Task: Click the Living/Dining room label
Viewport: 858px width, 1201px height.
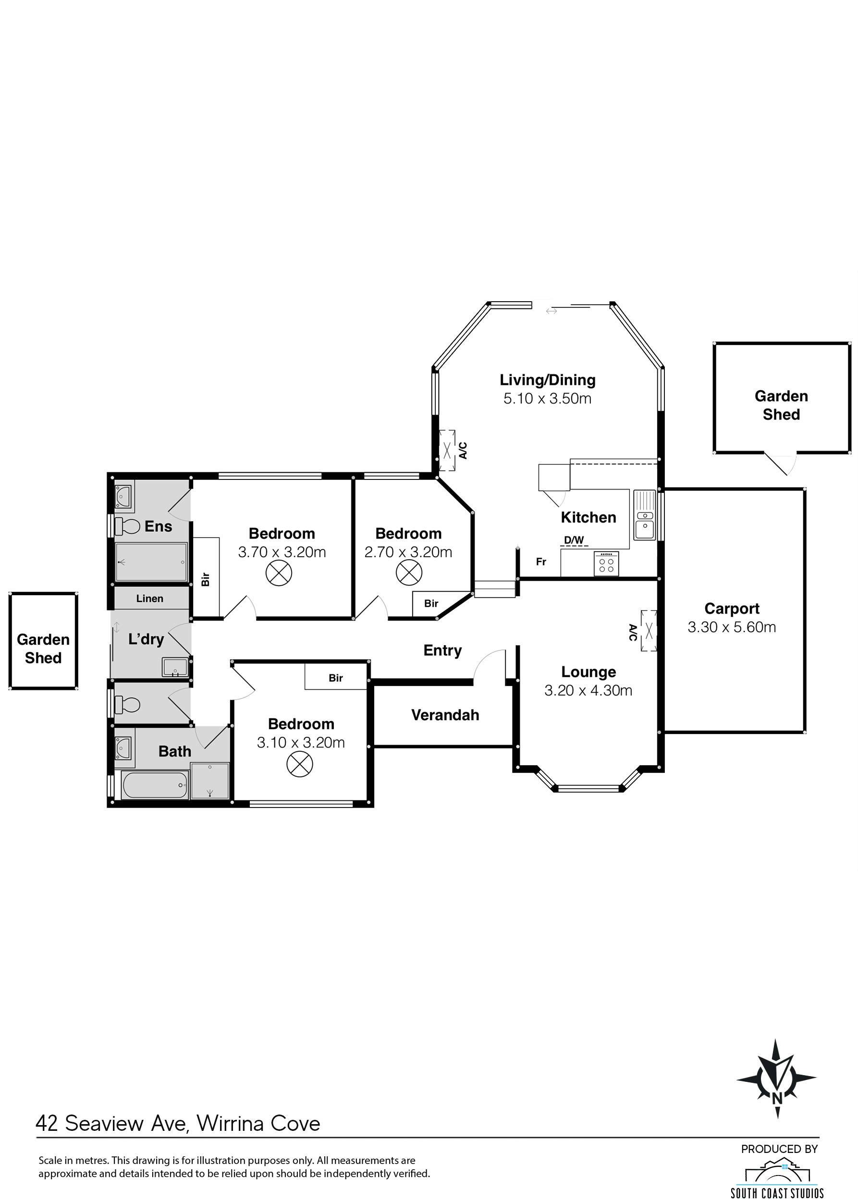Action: pos(547,380)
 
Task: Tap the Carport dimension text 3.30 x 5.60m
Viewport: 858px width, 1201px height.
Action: pos(732,627)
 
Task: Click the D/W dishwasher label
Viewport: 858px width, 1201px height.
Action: pos(574,540)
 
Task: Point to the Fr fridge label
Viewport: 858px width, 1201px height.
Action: pos(541,562)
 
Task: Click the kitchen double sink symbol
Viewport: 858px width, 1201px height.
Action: pos(645,515)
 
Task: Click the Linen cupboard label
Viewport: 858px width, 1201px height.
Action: pos(149,599)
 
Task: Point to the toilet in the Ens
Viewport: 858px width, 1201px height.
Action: pos(127,525)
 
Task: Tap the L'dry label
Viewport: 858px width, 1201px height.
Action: pos(147,639)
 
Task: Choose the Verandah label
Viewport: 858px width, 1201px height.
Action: pos(445,715)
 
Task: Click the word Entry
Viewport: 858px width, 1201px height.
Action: pos(443,651)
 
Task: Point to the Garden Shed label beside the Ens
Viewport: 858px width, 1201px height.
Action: pos(43,649)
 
